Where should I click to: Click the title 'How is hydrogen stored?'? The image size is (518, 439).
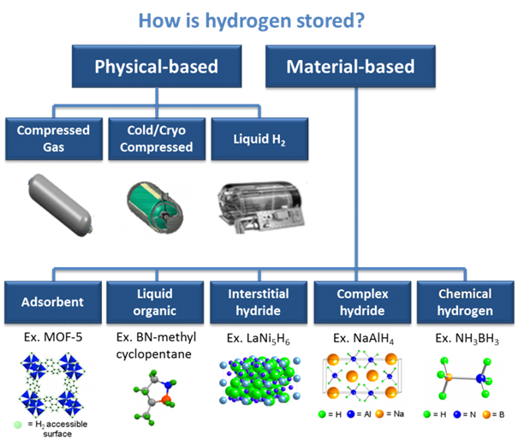coord(258,19)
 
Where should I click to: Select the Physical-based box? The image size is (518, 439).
coord(156,67)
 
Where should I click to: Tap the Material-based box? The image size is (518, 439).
coord(350,67)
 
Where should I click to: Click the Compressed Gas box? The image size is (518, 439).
coord(54,138)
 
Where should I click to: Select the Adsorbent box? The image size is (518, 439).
coord(54,302)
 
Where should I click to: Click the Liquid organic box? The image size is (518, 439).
coord(155,302)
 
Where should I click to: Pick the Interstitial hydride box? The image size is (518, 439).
coord(257,302)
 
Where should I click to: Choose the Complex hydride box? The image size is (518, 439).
coord(361,302)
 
